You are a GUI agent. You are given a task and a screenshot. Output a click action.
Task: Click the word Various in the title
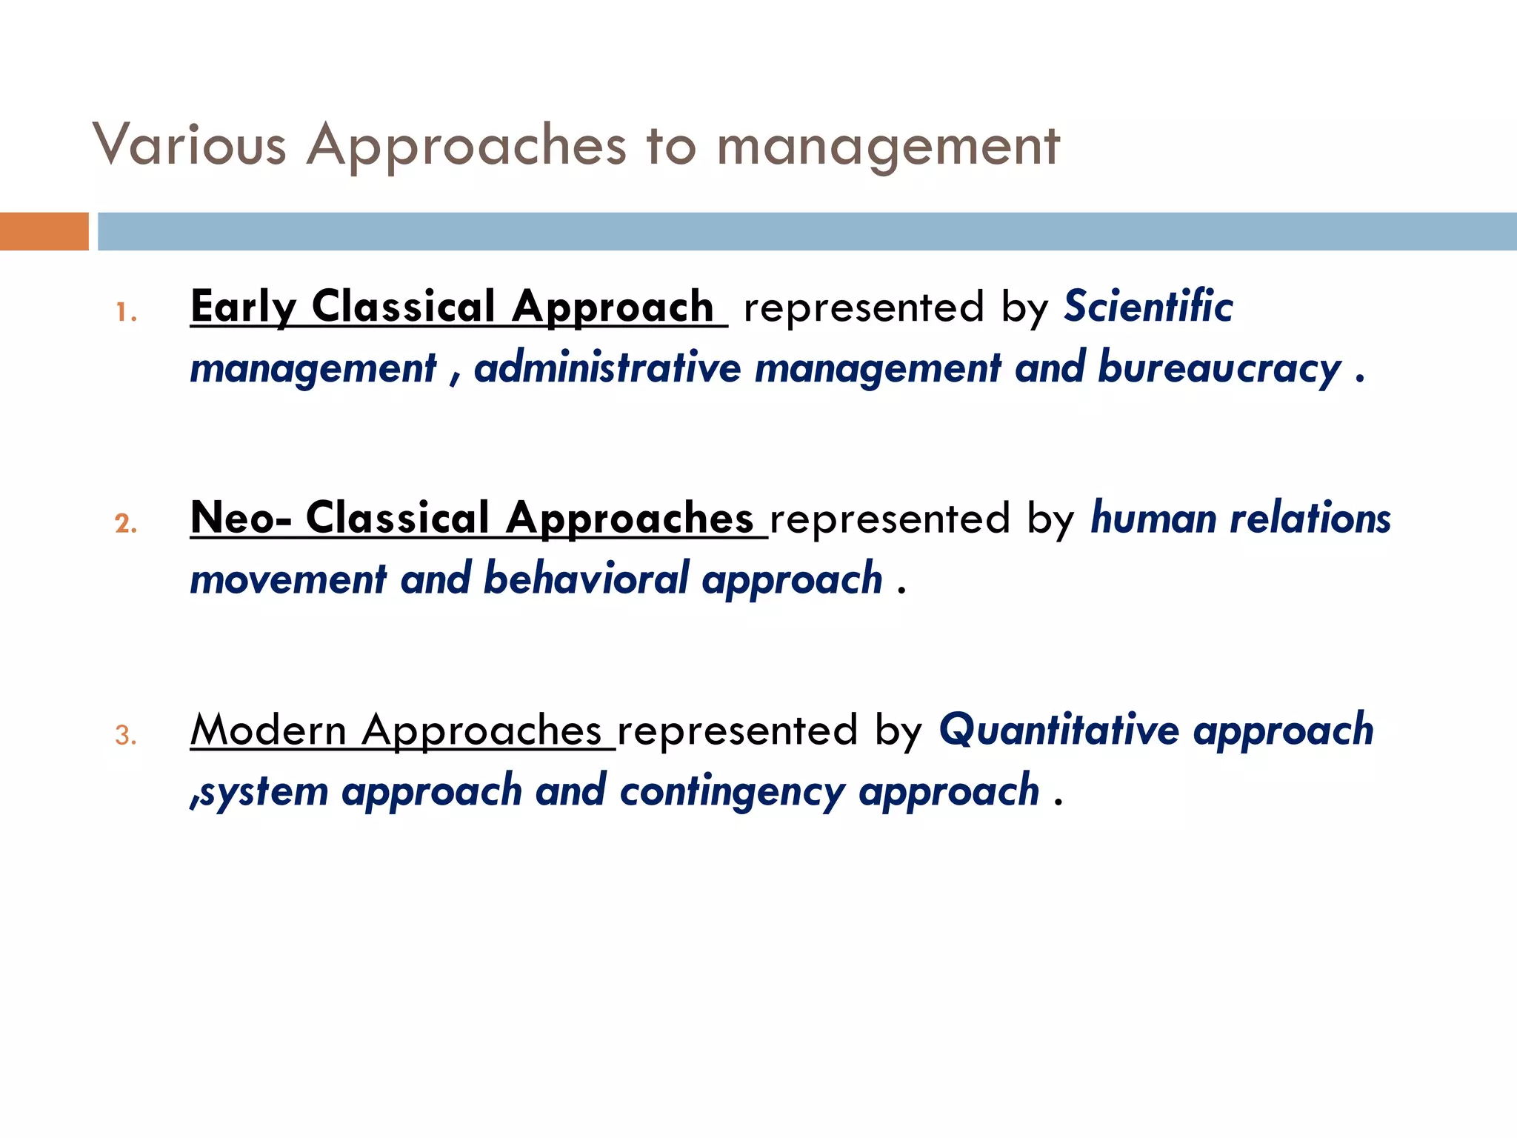pyautogui.click(x=190, y=144)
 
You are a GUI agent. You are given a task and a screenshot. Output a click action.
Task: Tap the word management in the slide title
pyautogui.click(x=887, y=147)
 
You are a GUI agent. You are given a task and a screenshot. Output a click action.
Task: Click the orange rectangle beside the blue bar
pyautogui.click(x=44, y=231)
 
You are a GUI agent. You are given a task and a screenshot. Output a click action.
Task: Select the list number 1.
pyautogui.click(x=126, y=313)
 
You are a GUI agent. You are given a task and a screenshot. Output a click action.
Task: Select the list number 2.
pyautogui.click(x=126, y=524)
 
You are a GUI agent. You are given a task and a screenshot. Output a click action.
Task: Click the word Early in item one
pyautogui.click(x=243, y=307)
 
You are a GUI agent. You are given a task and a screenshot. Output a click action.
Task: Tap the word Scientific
pyautogui.click(x=1148, y=307)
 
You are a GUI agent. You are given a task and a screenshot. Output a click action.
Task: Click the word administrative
pyautogui.click(x=607, y=368)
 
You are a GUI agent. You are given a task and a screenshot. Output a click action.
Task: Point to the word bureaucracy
pyautogui.click(x=1219, y=368)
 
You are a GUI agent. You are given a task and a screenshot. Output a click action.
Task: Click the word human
pyautogui.click(x=1153, y=518)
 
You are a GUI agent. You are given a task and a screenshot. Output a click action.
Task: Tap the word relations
pyautogui.click(x=1310, y=518)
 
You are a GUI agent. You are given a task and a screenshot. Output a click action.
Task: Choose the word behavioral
pyautogui.click(x=586, y=579)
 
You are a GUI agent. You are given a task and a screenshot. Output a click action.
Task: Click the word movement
pyautogui.click(x=288, y=579)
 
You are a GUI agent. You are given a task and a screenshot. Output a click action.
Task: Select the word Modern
pyautogui.click(x=268, y=730)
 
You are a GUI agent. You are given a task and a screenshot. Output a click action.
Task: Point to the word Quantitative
pyautogui.click(x=1058, y=730)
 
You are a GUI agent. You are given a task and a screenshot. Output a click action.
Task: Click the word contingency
pyautogui.click(x=732, y=791)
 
